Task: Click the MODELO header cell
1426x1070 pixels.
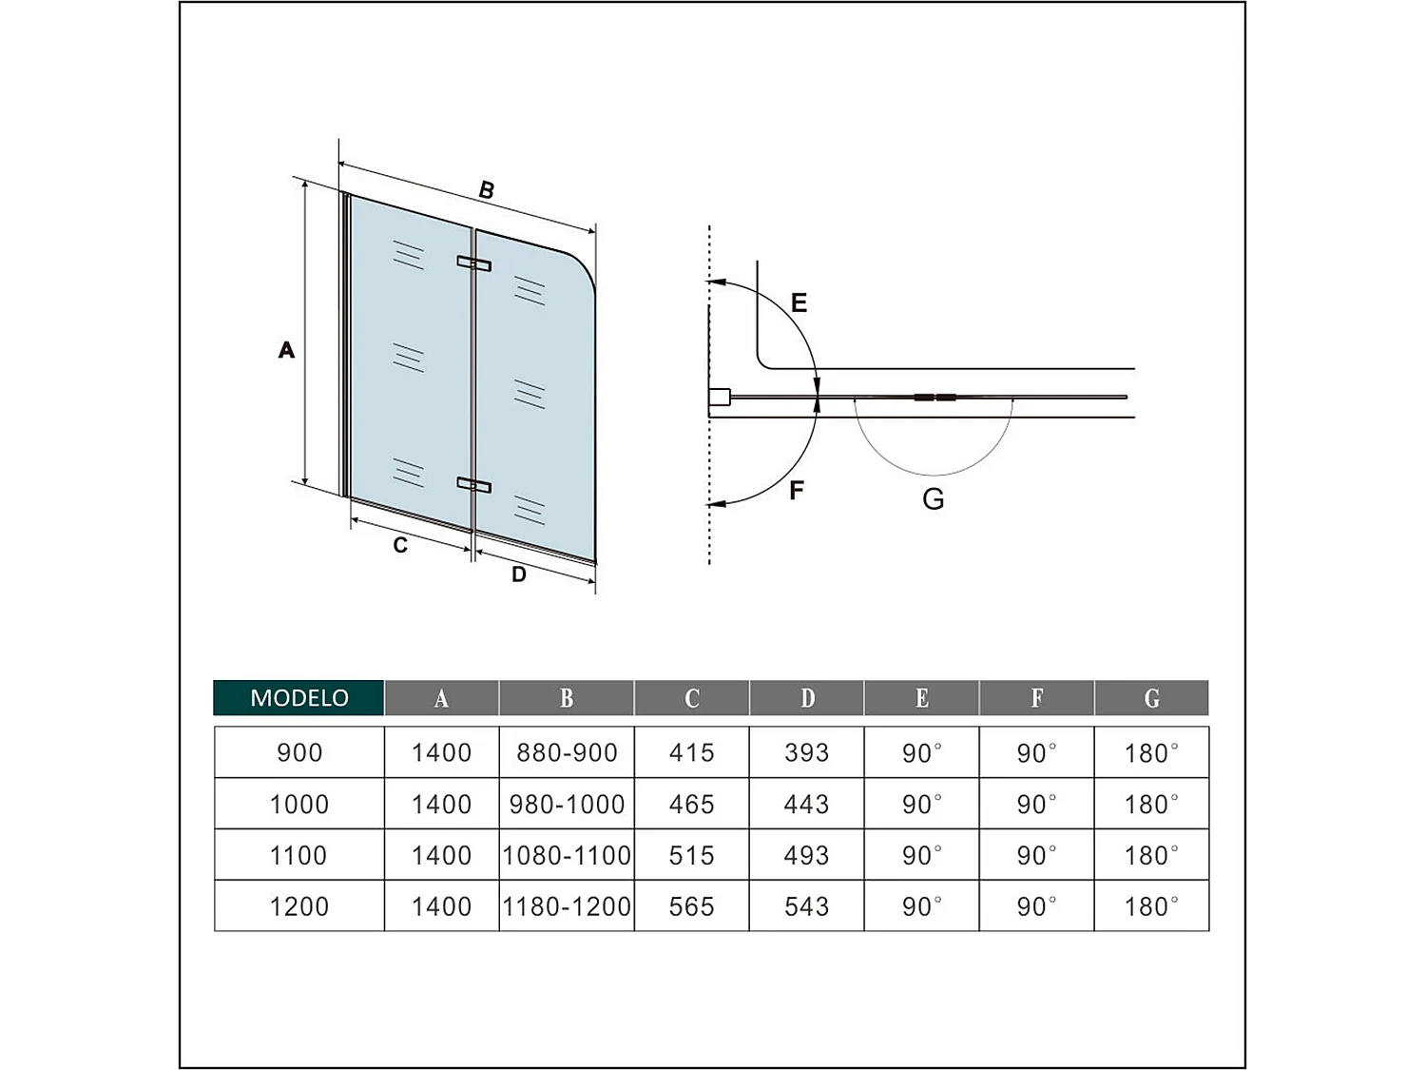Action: pos(299,697)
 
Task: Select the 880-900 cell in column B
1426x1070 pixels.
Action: pos(567,752)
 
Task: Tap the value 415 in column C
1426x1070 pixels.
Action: pos(691,752)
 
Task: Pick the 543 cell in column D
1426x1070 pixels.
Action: pos(806,906)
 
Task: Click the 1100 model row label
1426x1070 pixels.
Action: pos(299,855)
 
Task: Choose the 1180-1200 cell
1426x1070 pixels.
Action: pos(567,906)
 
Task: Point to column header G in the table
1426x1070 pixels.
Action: pos(1151,698)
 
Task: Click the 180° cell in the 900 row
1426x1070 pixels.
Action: pos(1151,753)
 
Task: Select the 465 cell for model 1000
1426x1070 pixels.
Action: pos(691,804)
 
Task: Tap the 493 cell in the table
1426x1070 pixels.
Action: pos(806,855)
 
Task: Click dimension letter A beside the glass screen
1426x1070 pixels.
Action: pos(286,350)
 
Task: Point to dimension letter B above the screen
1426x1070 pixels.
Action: pos(487,190)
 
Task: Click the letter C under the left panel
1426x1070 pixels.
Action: pos(400,545)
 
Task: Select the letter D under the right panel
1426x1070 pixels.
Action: pos(519,574)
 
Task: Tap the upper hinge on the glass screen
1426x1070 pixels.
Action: pos(473,263)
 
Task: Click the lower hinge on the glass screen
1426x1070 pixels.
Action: pos(473,485)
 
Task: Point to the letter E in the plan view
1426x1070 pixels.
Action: pos(799,302)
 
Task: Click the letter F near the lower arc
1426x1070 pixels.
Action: pos(797,490)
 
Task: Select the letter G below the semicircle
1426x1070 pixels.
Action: pos(934,498)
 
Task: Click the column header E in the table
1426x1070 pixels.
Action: pos(921,698)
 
